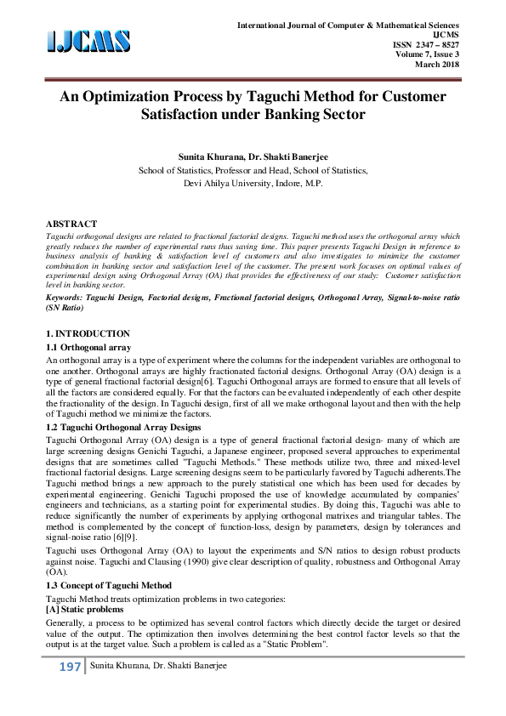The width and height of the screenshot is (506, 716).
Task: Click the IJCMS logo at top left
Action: (x=88, y=41)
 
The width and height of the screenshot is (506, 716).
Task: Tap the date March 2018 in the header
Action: (x=437, y=65)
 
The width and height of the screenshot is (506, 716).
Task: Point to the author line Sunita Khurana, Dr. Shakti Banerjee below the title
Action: (x=253, y=158)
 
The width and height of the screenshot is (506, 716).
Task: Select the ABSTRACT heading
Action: (x=71, y=223)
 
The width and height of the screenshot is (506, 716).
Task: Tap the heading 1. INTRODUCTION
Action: (x=88, y=333)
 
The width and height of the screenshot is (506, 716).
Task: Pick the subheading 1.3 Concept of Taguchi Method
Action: (x=109, y=585)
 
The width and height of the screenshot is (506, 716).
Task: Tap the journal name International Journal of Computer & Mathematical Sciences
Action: (x=348, y=26)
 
